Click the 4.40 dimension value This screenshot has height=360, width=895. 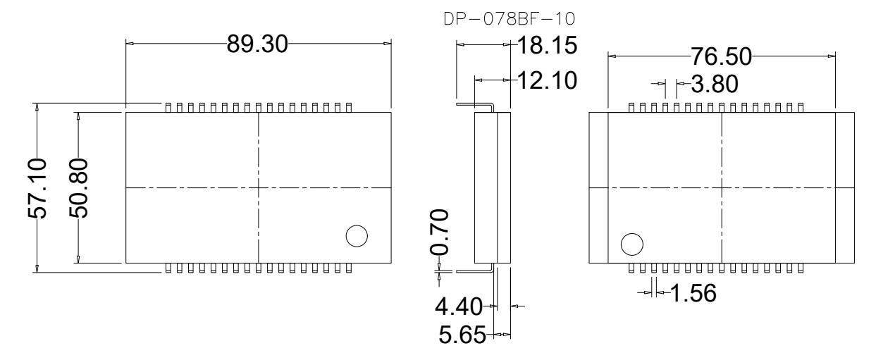458,307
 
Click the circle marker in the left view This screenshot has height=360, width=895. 357,236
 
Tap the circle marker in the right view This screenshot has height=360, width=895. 631,244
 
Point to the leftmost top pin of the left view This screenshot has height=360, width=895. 168,107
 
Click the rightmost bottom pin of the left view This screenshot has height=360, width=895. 348,268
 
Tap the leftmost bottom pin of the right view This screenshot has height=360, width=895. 631,268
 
